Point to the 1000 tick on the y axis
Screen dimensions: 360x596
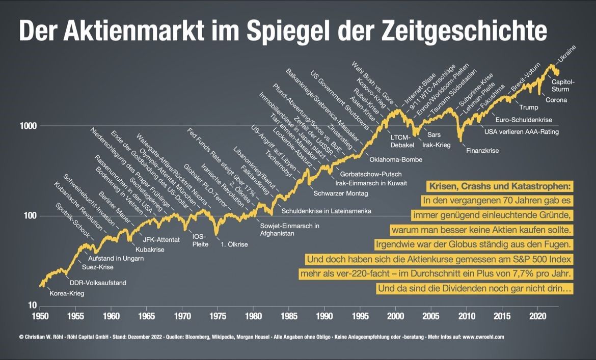point(29,125)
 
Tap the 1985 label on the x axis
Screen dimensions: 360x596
point(289,316)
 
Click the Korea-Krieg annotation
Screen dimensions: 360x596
point(67,293)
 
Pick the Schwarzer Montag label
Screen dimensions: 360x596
point(341,193)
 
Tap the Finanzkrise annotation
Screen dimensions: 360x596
point(482,151)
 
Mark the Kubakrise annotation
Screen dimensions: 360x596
point(150,250)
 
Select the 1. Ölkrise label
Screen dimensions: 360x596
point(234,244)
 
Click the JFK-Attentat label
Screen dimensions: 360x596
point(161,239)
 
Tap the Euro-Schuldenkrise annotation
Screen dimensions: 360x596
point(524,120)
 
